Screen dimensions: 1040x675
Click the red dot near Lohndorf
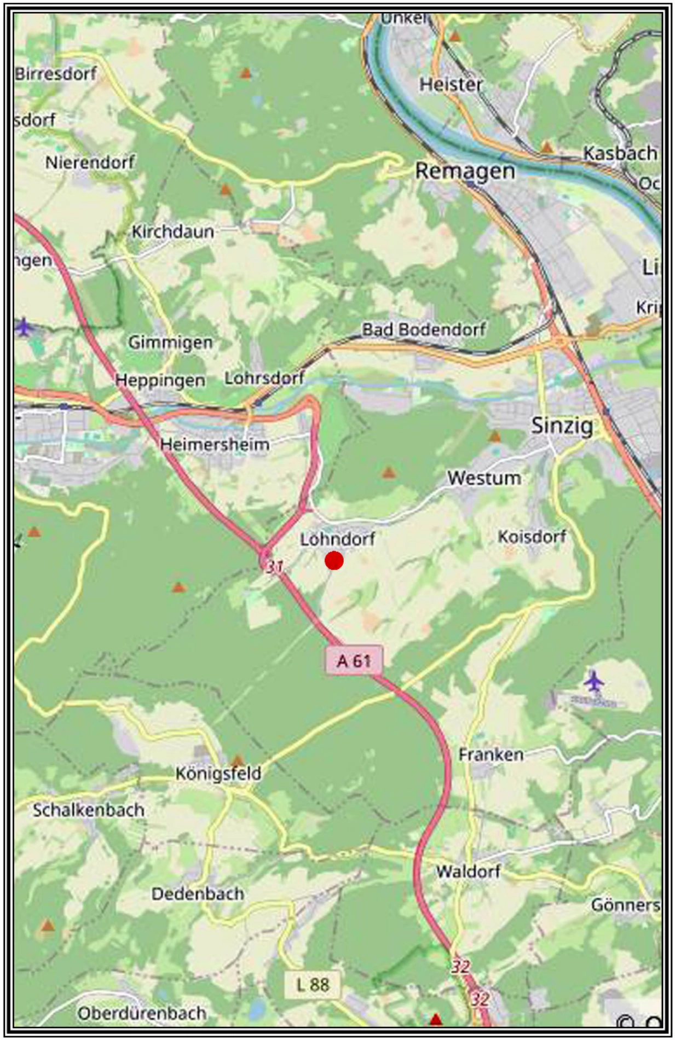(334, 560)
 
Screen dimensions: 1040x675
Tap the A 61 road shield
(354, 660)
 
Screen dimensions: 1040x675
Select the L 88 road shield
(313, 985)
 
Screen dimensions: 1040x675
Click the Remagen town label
(465, 171)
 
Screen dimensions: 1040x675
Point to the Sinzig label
(562, 426)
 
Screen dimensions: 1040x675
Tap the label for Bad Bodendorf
(424, 329)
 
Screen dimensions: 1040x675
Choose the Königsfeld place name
(218, 774)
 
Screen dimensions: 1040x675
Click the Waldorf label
(468, 871)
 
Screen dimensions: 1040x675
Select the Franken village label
(491, 755)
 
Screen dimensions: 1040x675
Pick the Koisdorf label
(532, 537)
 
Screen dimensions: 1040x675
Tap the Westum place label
(484, 478)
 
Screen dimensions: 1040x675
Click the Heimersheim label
(215, 444)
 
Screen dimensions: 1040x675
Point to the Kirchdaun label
(172, 231)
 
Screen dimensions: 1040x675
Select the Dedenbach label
(198, 894)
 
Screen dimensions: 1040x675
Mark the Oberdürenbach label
(142, 1013)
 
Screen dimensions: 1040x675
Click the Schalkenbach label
(89, 810)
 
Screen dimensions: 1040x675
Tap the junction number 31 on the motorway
(274, 566)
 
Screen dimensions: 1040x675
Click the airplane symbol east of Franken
(593, 682)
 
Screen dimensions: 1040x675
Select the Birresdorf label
(56, 73)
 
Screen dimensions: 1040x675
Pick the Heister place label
(451, 84)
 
